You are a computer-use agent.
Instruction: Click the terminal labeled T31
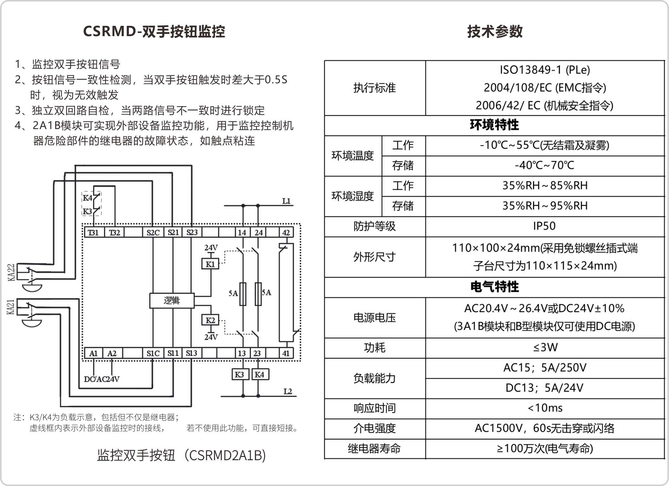coord(93,232)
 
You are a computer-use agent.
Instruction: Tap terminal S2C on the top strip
coord(153,232)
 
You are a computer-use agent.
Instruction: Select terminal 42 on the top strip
coord(286,232)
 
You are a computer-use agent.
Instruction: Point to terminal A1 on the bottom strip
coord(93,353)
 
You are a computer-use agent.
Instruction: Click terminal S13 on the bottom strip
coord(191,353)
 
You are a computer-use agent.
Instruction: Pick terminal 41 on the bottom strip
coord(286,353)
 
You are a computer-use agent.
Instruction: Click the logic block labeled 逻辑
coord(172,300)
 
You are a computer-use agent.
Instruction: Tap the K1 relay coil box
coord(210,264)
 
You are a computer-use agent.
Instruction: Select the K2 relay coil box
coord(210,320)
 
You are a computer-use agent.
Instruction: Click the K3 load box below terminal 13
coord(239,375)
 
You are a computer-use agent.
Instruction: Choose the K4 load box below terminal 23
coord(260,375)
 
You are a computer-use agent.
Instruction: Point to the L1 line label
coord(286,201)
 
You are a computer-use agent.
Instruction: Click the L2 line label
coord(288,391)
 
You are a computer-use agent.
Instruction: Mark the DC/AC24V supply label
coord(102,379)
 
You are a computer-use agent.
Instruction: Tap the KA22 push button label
coord(11,272)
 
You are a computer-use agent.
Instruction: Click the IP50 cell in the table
coord(544,226)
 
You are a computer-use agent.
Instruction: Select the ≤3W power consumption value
coord(545,348)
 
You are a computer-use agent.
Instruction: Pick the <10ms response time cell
coord(545,408)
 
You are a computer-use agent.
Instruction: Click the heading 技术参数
coord(495,32)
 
